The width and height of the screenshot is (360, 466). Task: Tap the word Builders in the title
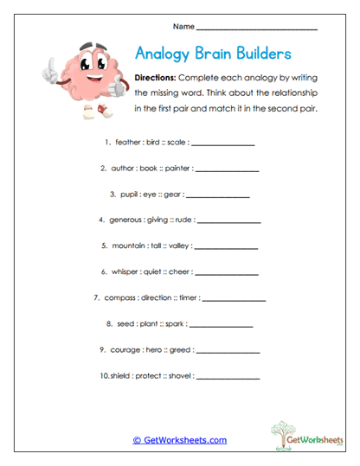[x=260, y=54]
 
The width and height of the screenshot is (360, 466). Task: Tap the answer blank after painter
[x=227, y=169]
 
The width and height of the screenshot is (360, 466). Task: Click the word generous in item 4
[x=125, y=220]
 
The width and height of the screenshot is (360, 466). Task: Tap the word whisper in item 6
[x=126, y=271]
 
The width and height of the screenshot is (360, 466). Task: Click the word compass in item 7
[x=121, y=297]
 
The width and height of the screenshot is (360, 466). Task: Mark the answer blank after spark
[x=221, y=325]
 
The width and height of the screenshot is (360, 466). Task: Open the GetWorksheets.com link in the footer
[x=179, y=440]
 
